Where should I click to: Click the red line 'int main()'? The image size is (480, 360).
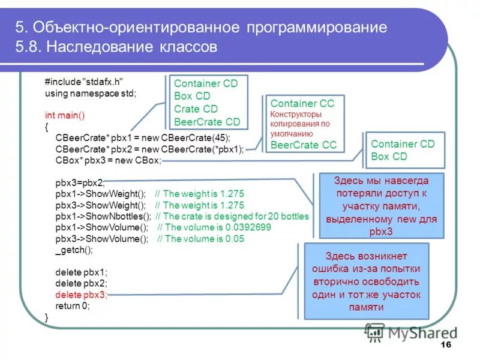point(65,115)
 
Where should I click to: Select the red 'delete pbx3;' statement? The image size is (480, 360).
point(81,295)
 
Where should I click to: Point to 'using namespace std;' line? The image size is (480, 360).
point(91,94)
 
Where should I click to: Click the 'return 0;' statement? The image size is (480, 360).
point(72,305)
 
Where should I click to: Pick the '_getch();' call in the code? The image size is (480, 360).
point(74,250)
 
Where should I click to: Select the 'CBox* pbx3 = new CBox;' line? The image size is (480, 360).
point(108,160)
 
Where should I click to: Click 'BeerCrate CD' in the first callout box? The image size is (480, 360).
point(207,122)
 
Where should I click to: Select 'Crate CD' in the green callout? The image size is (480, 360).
point(196,109)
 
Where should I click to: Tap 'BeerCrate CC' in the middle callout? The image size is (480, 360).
point(304,145)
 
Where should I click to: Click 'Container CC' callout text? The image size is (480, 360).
point(302,103)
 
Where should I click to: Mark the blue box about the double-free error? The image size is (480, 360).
point(366,280)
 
